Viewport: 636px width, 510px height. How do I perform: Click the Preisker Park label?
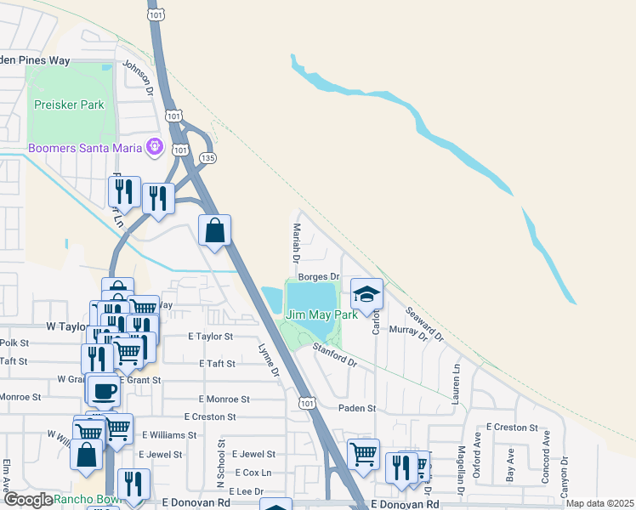[x=68, y=105]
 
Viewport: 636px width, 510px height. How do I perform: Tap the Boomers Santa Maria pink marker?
[x=154, y=148]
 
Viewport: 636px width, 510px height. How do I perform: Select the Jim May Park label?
[x=321, y=314]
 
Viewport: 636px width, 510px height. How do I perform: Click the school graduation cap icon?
[x=367, y=294]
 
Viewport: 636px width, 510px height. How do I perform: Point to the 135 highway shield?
[x=207, y=158]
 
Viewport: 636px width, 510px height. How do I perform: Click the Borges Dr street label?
[x=319, y=276]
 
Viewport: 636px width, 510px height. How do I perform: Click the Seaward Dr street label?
[x=425, y=323]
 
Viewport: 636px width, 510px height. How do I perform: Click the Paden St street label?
[x=357, y=408]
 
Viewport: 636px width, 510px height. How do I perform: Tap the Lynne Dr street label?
[x=269, y=360]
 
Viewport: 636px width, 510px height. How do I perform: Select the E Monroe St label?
[x=224, y=399]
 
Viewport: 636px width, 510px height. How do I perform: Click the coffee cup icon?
[x=105, y=390]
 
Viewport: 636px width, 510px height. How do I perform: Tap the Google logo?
[x=27, y=500]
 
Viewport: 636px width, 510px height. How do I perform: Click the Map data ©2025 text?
[x=600, y=504]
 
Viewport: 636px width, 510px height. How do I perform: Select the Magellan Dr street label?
[x=460, y=470]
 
